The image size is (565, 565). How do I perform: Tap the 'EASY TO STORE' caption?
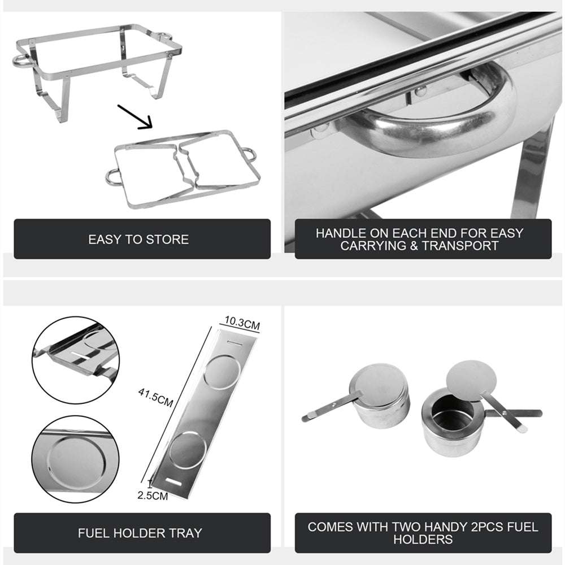(138, 240)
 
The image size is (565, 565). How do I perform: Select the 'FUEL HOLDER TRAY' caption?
(140, 533)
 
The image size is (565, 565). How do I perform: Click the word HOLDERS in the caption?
(423, 540)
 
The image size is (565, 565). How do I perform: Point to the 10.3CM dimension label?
(241, 325)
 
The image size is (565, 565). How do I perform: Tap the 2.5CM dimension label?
(153, 497)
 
